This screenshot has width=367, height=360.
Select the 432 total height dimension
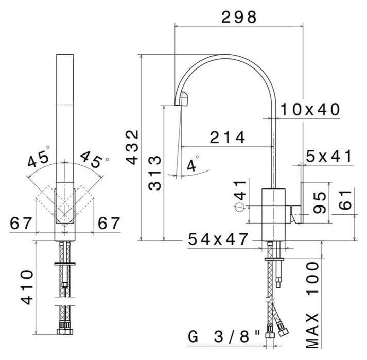(133, 147)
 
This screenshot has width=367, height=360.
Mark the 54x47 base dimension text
(218, 239)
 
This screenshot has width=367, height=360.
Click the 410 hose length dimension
(27, 287)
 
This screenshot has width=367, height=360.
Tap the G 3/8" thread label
(222, 338)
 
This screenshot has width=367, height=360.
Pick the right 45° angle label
(93, 159)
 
